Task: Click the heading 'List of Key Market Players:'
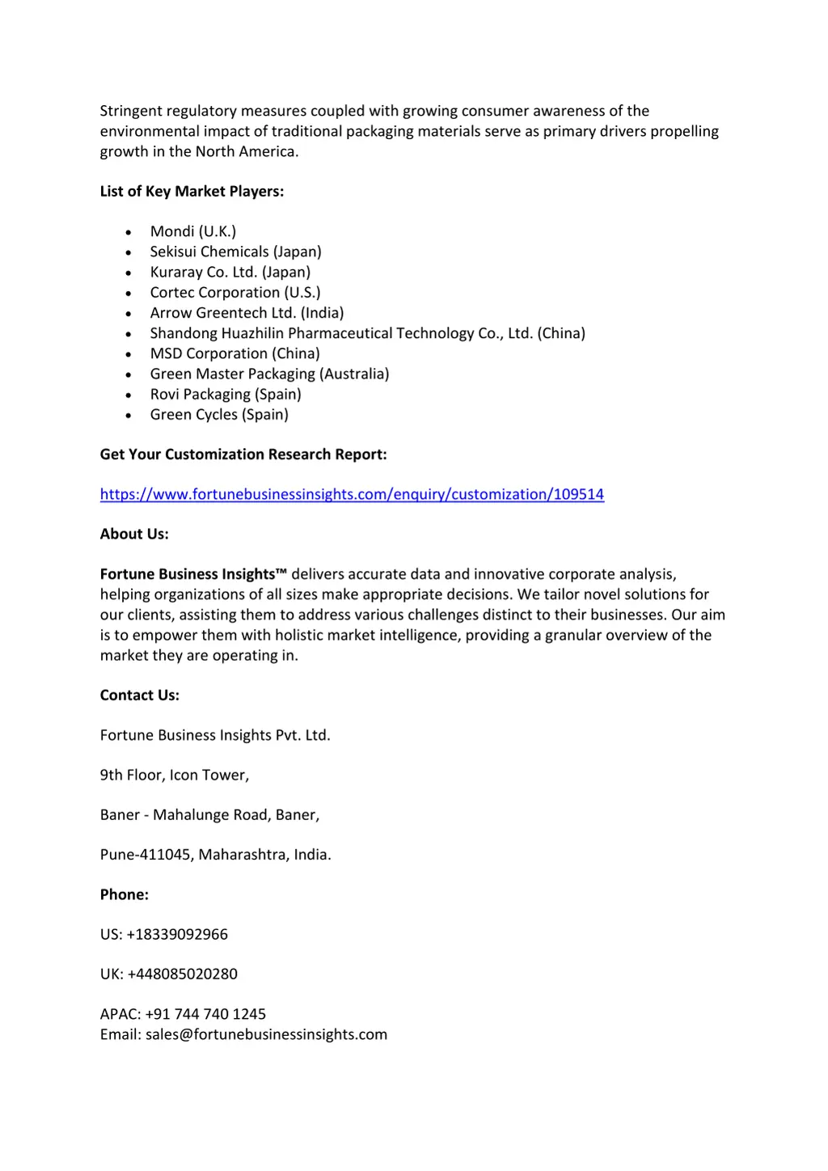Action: coord(192,192)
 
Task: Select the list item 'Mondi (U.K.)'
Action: coord(193,232)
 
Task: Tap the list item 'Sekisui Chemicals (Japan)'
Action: coord(235,252)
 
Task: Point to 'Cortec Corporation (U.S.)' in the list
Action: coord(235,293)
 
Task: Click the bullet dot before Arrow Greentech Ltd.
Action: coord(129,314)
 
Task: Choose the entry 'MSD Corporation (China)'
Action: coord(234,353)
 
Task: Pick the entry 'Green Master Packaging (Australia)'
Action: coord(269,374)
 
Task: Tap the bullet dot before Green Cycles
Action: coord(129,416)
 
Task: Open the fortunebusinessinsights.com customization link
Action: coord(352,494)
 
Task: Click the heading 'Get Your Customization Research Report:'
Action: coord(243,454)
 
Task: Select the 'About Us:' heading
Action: coord(134,534)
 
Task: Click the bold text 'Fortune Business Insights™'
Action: coord(193,574)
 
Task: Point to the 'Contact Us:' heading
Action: coord(140,695)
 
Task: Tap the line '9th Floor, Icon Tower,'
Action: coord(175,775)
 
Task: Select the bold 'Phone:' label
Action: coord(125,894)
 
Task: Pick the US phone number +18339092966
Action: coord(177,934)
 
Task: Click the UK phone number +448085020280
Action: coord(182,974)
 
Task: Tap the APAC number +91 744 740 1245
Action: coord(205,1014)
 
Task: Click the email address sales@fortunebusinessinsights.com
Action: coord(266,1034)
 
